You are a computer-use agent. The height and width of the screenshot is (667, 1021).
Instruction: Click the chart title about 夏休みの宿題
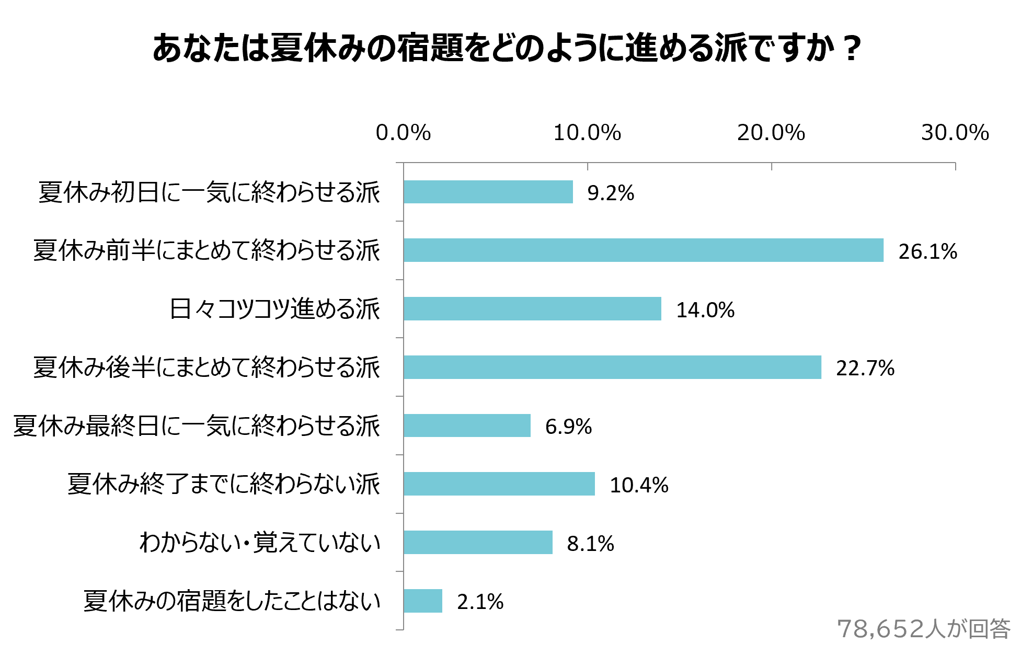pos(506,48)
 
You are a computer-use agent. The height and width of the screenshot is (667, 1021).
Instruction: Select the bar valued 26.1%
pos(643,250)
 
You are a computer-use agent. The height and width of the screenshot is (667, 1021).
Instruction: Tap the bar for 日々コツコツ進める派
pos(532,309)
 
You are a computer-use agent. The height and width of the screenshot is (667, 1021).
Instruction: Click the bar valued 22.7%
pos(612,367)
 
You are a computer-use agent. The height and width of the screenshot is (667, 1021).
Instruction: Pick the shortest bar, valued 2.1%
pos(423,601)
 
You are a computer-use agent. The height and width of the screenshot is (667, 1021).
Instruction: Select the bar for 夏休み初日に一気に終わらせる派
pos(488,192)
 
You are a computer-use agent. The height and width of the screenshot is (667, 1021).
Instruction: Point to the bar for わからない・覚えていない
pos(478,543)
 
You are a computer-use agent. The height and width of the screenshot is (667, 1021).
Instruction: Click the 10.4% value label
pos(639,485)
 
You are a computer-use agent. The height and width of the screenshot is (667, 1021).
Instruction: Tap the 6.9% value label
pos(568,427)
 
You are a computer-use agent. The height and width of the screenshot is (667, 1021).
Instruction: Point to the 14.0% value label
pos(705,310)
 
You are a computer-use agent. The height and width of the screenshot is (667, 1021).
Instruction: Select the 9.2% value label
pos(611,193)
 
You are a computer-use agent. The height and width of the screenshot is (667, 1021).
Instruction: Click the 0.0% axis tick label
pos(403,133)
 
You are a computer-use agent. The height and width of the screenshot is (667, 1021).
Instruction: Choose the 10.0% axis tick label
pos(587,133)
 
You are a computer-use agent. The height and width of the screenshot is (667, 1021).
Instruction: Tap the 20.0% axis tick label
pos(771,133)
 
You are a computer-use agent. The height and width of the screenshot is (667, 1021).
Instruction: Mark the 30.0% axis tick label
pos(955,133)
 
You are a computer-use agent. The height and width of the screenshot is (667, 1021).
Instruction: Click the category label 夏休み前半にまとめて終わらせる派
pos(207,250)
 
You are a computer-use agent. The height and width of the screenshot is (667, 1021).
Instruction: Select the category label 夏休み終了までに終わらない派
pos(224,484)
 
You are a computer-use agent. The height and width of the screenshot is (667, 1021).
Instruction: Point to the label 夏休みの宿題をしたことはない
pos(232,601)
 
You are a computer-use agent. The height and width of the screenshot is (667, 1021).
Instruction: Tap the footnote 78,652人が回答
pos(924,629)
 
